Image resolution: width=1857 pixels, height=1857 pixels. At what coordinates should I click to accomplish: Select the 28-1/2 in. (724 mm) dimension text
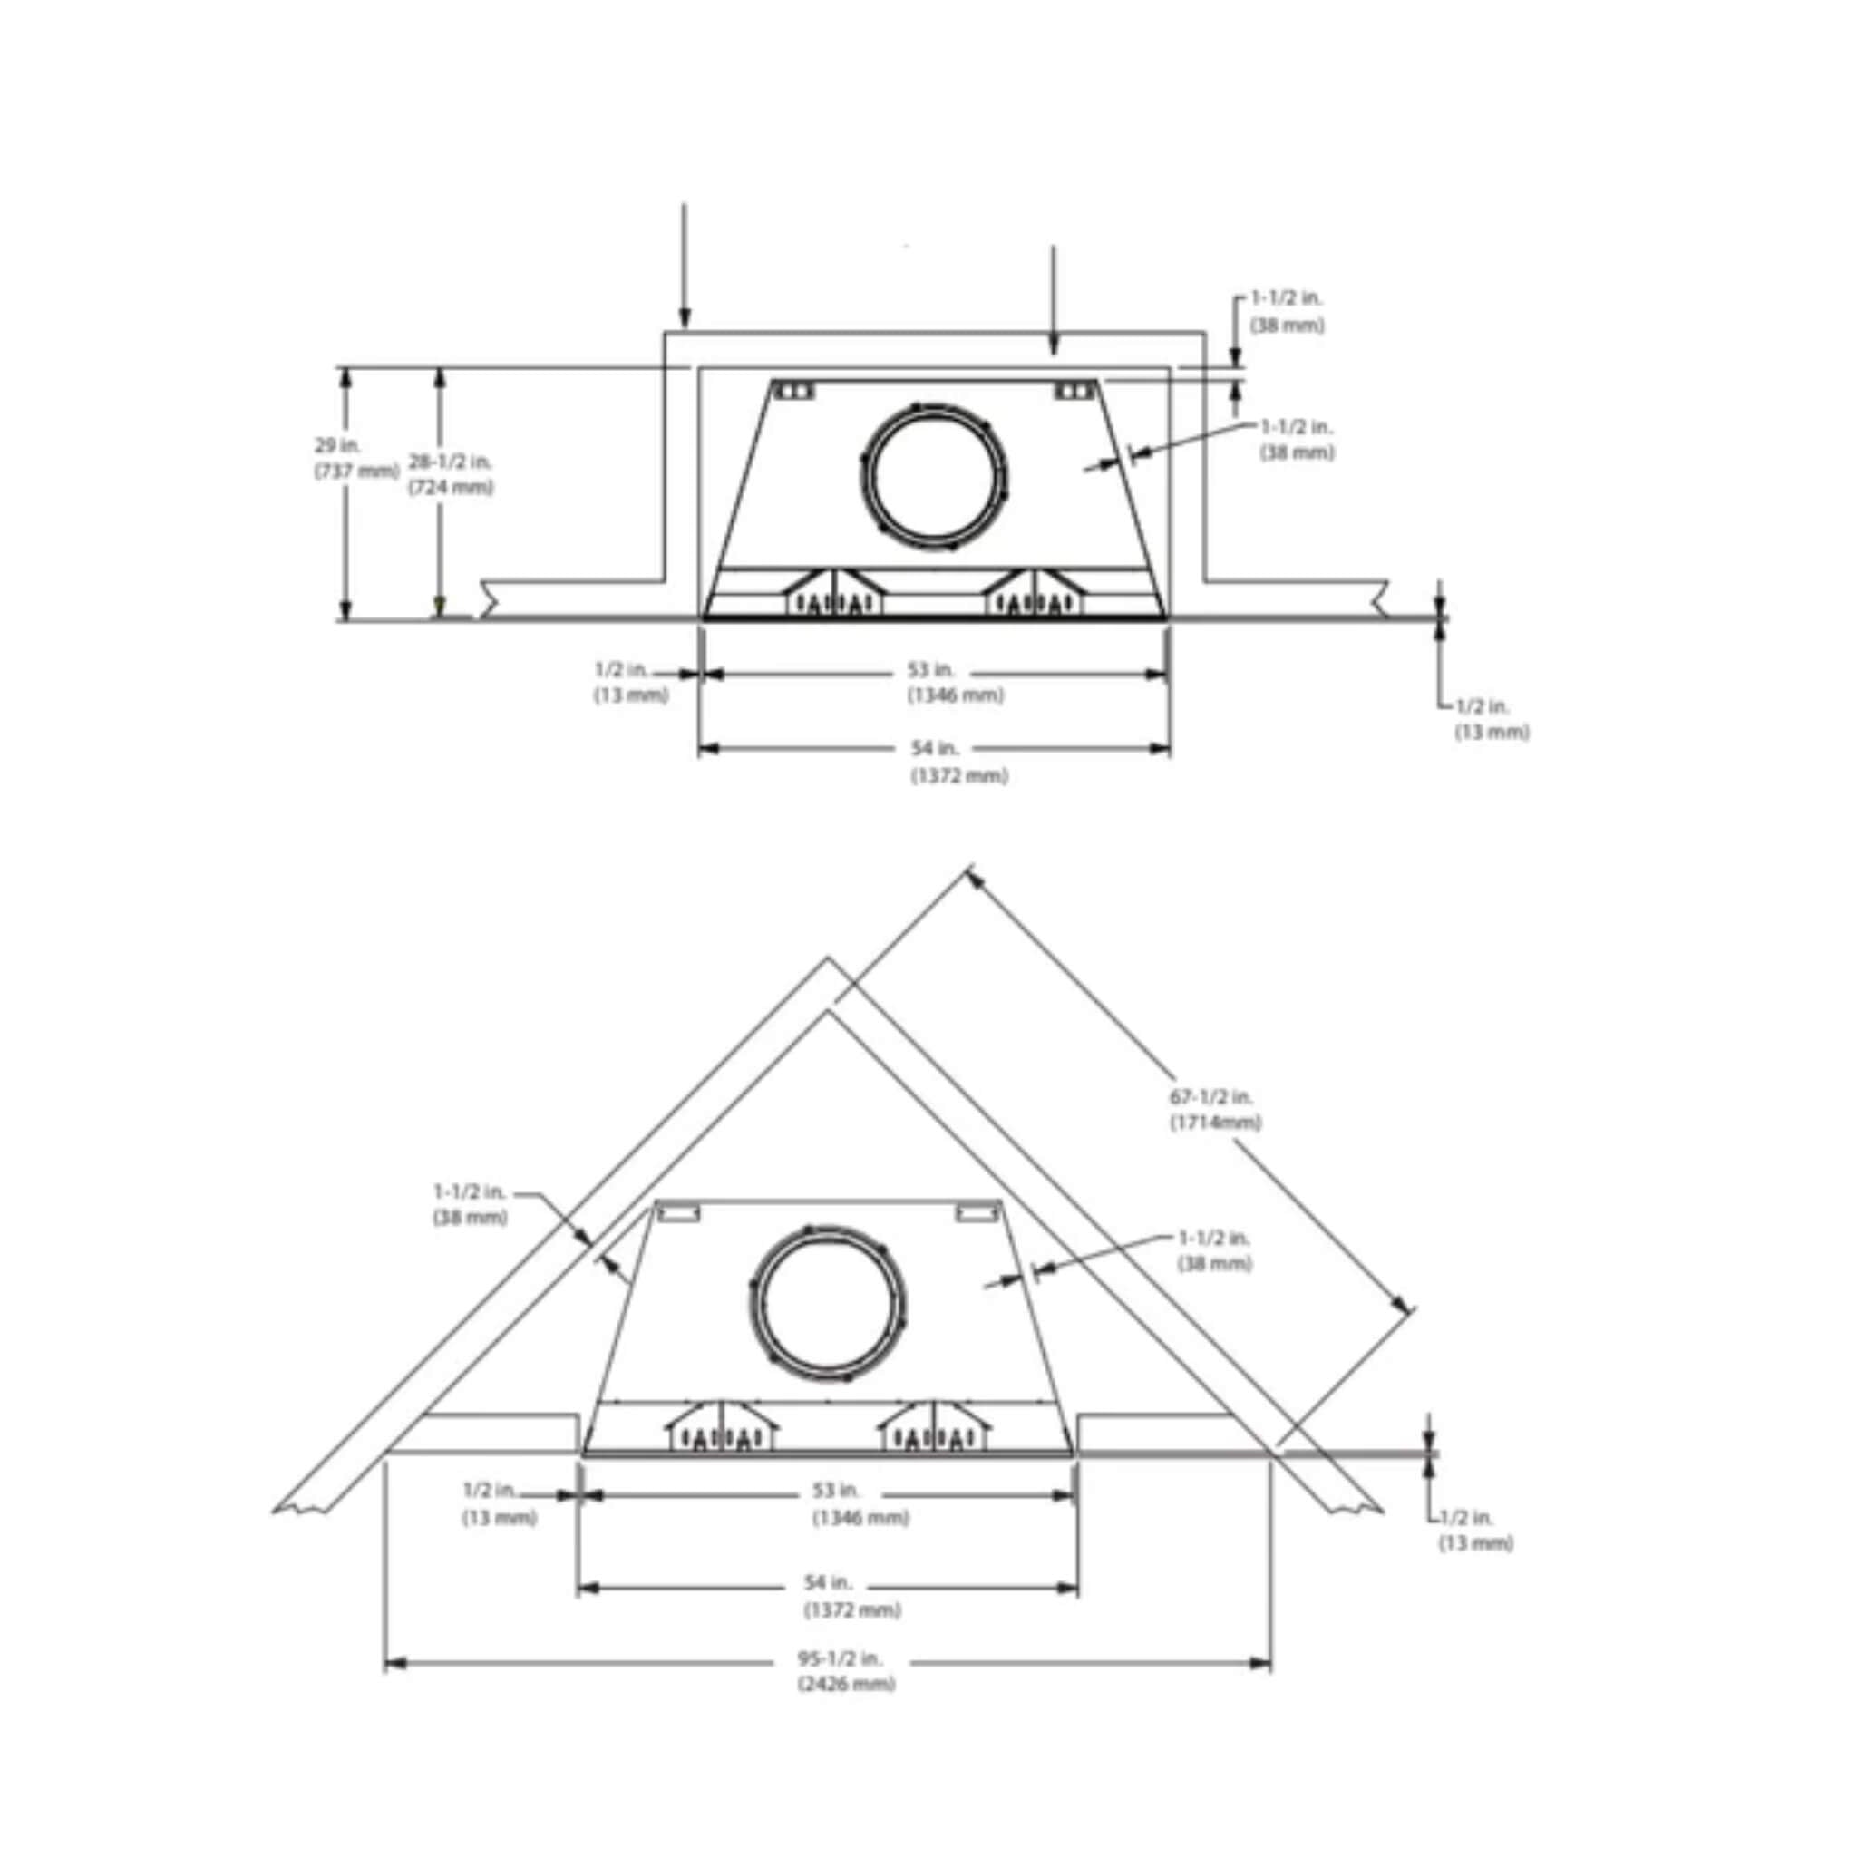pyautogui.click(x=450, y=474)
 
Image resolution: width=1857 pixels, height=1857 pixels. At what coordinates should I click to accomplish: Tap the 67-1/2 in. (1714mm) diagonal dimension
pyautogui.click(x=1214, y=1108)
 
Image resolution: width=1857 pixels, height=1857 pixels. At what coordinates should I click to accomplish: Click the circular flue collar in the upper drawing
pyautogui.click(x=933, y=476)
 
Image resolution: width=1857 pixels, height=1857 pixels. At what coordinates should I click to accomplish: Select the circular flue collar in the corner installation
pyautogui.click(x=827, y=1303)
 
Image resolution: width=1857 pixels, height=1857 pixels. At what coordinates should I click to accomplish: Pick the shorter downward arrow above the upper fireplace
pyautogui.click(x=1054, y=299)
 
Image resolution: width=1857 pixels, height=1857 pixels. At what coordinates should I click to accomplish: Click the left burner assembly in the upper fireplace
pyautogui.click(x=833, y=594)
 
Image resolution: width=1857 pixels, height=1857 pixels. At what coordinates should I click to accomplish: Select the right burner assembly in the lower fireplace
pyautogui.click(x=931, y=1428)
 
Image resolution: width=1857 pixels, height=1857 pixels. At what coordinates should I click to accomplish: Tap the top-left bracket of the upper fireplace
pyautogui.click(x=795, y=390)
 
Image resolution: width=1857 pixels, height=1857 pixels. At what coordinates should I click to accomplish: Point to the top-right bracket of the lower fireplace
pyautogui.click(x=977, y=1214)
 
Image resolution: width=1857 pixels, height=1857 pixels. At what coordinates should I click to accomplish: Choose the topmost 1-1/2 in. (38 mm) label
pyautogui.click(x=1287, y=311)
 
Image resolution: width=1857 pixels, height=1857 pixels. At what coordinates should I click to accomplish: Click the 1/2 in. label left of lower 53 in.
pyautogui.click(x=498, y=1502)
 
